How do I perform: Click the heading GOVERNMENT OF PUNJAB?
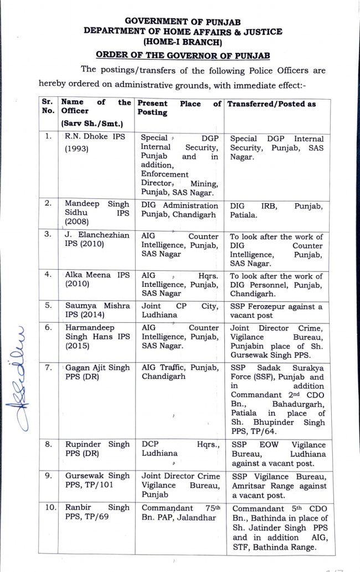pyautogui.click(x=182, y=21)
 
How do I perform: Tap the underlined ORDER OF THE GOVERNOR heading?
pyautogui.click(x=182, y=54)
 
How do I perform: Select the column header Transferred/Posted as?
pyautogui.click(x=272, y=104)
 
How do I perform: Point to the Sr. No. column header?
pyautogui.click(x=47, y=107)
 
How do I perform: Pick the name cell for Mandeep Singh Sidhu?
pyautogui.click(x=95, y=212)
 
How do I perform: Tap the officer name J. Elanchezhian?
pyautogui.click(x=95, y=240)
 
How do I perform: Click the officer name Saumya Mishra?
pyautogui.click(x=95, y=310)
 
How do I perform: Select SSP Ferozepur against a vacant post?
pyautogui.click(x=276, y=311)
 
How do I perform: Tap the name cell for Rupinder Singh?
pyautogui.click(x=95, y=449)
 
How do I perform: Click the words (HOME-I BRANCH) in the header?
pyautogui.click(x=182, y=42)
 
